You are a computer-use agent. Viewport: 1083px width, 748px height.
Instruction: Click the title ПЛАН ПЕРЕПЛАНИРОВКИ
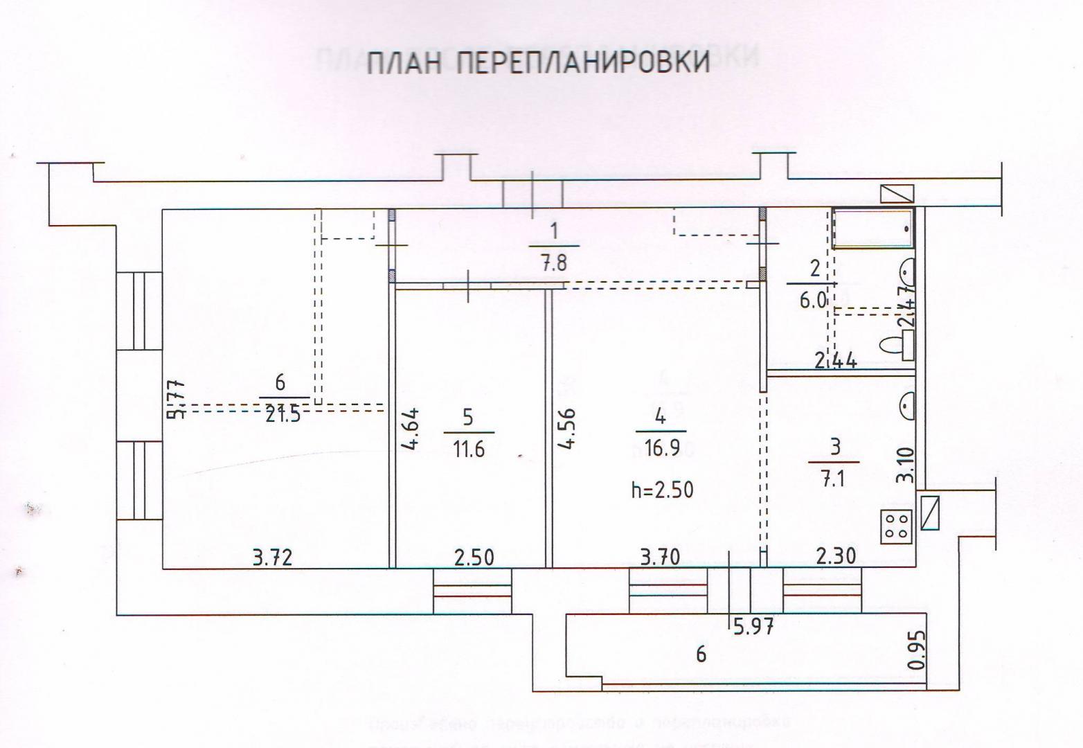(538, 63)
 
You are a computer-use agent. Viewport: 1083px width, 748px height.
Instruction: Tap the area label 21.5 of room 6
(282, 416)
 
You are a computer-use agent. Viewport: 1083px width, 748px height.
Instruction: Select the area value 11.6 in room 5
(468, 449)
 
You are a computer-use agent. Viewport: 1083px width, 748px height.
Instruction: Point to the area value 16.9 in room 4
(660, 449)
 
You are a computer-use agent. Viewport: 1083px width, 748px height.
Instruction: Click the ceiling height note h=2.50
(661, 490)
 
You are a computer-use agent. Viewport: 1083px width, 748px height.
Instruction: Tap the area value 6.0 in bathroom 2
(814, 301)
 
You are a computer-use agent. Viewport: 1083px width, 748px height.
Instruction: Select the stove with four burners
(897, 525)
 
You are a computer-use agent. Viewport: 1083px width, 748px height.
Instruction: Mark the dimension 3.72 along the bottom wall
(272, 557)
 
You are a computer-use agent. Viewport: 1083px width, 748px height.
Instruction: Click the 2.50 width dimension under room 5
(474, 557)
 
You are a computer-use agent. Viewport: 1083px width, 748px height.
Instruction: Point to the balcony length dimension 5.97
(752, 628)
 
